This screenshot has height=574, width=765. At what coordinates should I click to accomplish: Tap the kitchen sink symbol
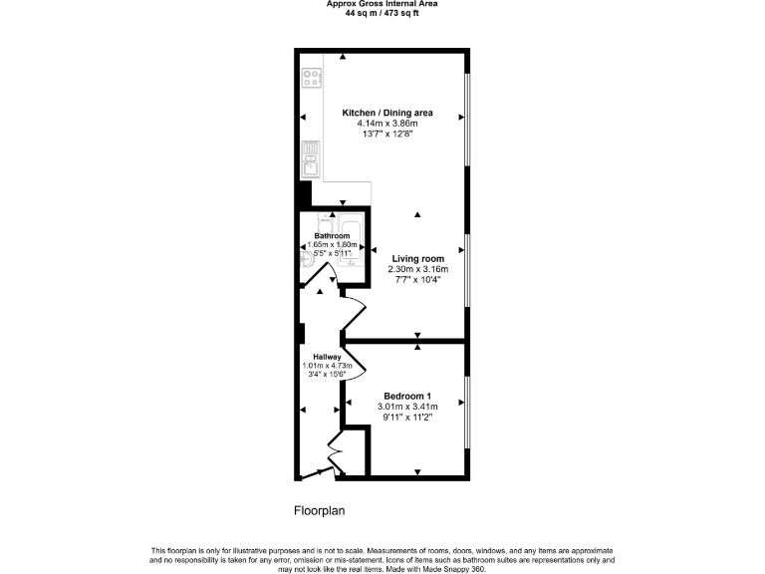(309, 158)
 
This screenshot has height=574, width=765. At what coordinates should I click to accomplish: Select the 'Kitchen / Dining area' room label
(387, 114)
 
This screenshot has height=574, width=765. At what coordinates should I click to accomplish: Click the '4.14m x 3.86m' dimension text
(387, 125)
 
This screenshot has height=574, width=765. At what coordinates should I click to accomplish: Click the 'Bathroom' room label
(332, 236)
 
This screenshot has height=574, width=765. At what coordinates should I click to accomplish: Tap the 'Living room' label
(418, 258)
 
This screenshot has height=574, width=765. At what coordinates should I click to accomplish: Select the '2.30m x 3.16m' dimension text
(418, 269)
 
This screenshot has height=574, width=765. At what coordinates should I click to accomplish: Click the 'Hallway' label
(328, 357)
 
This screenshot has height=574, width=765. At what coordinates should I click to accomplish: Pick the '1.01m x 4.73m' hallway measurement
(328, 366)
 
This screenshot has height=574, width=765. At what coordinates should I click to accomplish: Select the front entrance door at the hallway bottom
(319, 471)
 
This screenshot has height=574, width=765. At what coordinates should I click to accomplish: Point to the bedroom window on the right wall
(468, 411)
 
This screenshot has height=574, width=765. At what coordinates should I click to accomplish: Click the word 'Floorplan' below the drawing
(319, 511)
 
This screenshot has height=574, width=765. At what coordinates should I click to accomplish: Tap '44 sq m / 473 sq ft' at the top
(382, 13)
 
